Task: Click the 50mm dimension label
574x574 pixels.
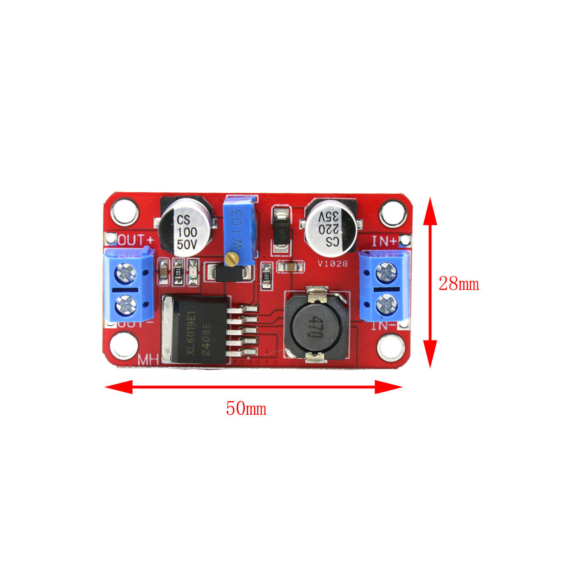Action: tap(246, 408)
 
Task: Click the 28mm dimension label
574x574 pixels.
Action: tap(458, 284)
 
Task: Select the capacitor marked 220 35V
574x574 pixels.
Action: tap(331, 227)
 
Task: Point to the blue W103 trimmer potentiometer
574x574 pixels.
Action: tap(239, 229)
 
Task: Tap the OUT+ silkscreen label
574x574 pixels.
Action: tap(136, 240)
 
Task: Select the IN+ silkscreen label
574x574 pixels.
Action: tap(384, 241)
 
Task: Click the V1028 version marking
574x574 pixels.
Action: tap(332, 264)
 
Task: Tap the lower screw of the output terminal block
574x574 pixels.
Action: tap(126, 304)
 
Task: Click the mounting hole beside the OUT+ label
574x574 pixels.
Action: tap(125, 211)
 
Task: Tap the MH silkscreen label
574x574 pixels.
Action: tap(148, 360)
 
